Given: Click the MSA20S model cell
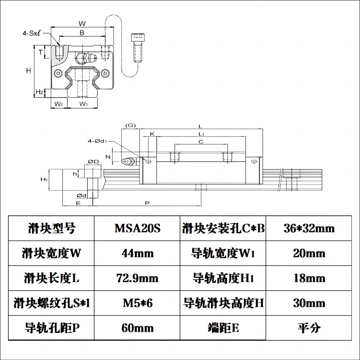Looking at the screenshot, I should pyautogui.click(x=138, y=229).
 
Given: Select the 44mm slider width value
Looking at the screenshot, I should pyautogui.click(x=138, y=253).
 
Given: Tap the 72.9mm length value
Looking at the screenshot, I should pyautogui.click(x=138, y=278).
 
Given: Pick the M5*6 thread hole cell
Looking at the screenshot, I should pyautogui.click(x=138, y=303).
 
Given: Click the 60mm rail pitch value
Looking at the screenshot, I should pyautogui.click(x=138, y=328).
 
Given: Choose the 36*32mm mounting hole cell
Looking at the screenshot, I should pyautogui.click(x=309, y=229).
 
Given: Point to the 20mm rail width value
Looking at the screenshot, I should pyautogui.click(x=309, y=253).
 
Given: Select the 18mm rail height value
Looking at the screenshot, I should pyautogui.click(x=309, y=278).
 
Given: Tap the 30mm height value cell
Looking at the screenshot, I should pyautogui.click(x=309, y=303).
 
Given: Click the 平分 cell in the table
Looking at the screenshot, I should pyautogui.click(x=309, y=328).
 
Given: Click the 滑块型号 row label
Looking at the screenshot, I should pyautogui.click(x=49, y=229).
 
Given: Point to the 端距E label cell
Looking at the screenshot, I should pyautogui.click(x=223, y=328).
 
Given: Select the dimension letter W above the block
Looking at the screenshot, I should pyautogui.click(x=82, y=23).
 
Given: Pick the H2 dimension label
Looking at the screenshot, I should pyautogui.click(x=40, y=92).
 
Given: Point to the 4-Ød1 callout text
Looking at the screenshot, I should pyautogui.click(x=97, y=141).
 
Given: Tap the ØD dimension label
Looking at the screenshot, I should pyautogui.click(x=94, y=161).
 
